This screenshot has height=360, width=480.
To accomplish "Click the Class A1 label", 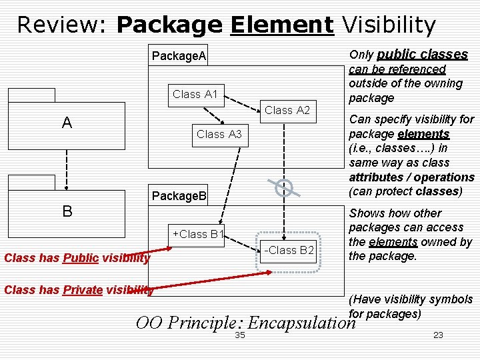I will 195,94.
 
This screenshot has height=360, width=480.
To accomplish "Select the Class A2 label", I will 287,110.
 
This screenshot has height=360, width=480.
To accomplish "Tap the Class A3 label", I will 219,134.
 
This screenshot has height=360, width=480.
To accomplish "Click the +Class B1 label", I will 198,234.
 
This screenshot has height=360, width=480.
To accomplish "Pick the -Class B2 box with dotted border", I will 289,251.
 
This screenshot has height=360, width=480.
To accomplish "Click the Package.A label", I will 179,55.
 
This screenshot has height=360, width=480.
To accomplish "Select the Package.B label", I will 179,196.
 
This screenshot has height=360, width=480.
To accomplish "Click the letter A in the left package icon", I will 67,123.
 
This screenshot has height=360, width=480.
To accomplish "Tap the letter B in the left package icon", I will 67,211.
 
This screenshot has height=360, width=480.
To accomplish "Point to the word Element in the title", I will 281,25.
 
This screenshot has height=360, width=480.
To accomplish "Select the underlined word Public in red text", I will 81,257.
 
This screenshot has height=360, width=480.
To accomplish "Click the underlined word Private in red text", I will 82,289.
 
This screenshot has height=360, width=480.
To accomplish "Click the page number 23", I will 438,335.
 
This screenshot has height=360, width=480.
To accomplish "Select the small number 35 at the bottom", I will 240,335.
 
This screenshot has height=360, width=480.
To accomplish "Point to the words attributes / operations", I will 411,177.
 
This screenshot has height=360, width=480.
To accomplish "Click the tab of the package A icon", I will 31,95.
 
